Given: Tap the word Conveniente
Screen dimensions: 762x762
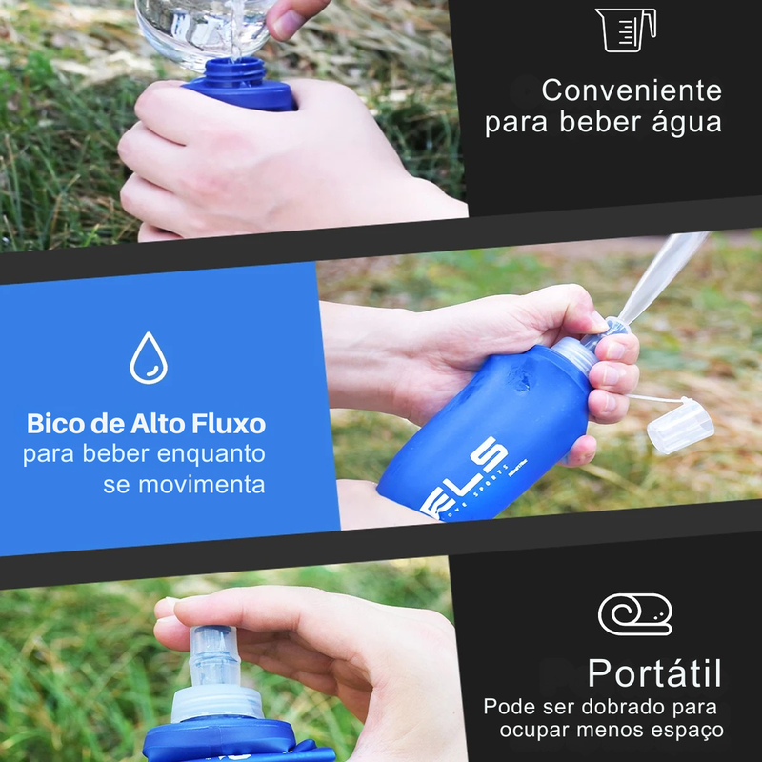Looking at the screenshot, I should (632, 91).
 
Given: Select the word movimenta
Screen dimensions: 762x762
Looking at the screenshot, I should (201, 484).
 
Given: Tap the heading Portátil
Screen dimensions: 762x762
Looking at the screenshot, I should (653, 672).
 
